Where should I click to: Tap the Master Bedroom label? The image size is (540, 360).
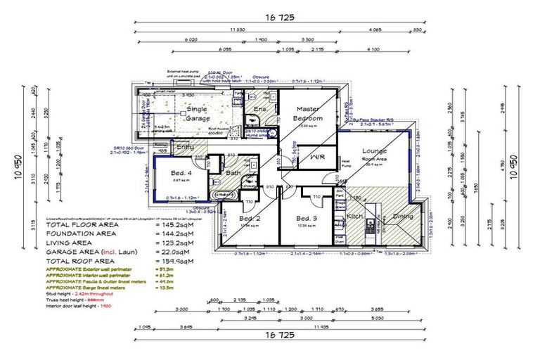pyautogui.click(x=309, y=114)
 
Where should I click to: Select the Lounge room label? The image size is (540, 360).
pyautogui.click(x=375, y=151)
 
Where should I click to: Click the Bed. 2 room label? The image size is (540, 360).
pyautogui.click(x=250, y=219)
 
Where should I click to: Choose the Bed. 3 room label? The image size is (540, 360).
pyautogui.click(x=308, y=218)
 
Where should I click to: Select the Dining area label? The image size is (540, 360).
pyautogui.click(x=403, y=217)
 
